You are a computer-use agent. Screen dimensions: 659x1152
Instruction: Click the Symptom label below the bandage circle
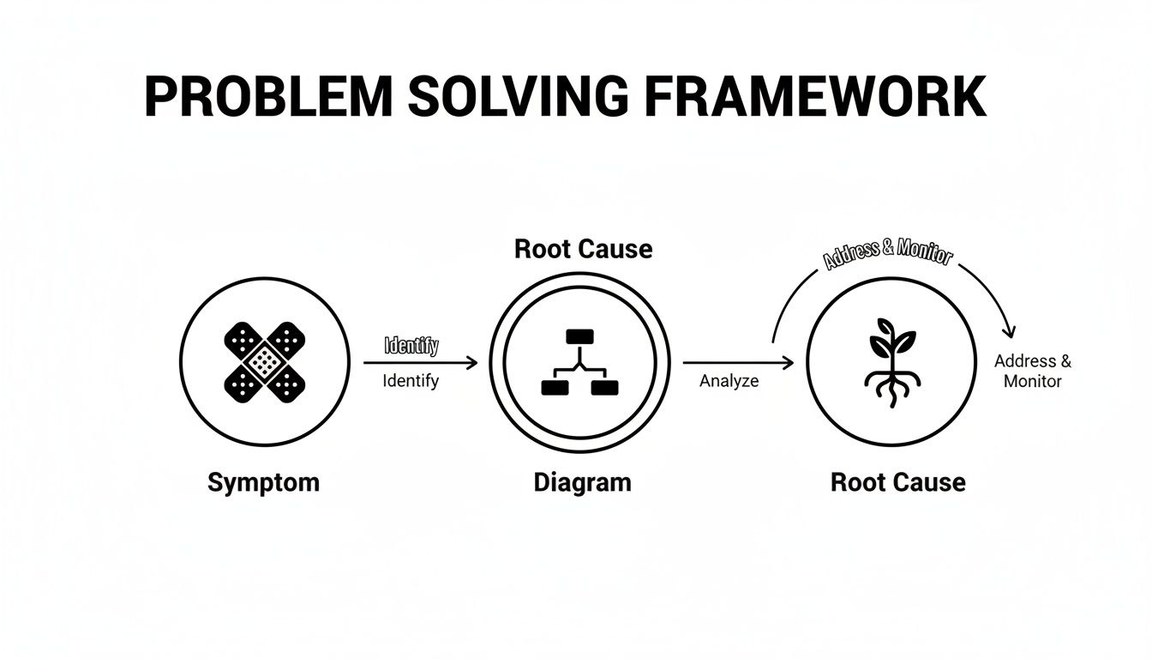tap(263, 482)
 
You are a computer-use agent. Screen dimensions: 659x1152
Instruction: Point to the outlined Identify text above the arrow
tap(411, 346)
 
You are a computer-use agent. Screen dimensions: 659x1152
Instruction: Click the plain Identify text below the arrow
tap(411, 380)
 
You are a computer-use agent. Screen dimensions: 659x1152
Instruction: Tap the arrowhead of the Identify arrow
tap(472, 363)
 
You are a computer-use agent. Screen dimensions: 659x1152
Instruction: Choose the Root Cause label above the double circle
tap(583, 250)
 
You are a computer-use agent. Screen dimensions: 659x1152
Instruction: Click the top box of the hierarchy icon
tap(579, 336)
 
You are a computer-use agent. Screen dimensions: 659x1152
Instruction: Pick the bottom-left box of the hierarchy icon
tap(555, 388)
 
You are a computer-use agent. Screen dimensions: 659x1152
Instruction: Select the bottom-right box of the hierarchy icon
tap(604, 388)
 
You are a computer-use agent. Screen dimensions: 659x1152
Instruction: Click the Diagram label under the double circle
tap(582, 482)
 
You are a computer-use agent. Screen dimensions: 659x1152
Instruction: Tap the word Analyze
tap(729, 381)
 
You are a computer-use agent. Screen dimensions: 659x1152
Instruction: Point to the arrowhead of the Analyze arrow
tap(789, 363)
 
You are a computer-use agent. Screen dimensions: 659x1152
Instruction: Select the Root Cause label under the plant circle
tap(897, 482)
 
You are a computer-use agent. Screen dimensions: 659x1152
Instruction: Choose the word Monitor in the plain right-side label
tap(1032, 381)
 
